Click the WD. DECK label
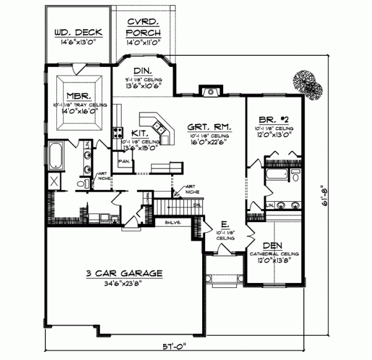click(x=73, y=32)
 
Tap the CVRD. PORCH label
click(x=144, y=27)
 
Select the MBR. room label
click(x=80, y=96)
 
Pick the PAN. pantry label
click(x=123, y=161)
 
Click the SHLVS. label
click(x=172, y=222)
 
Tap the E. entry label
click(x=225, y=224)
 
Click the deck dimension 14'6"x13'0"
click(x=73, y=43)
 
